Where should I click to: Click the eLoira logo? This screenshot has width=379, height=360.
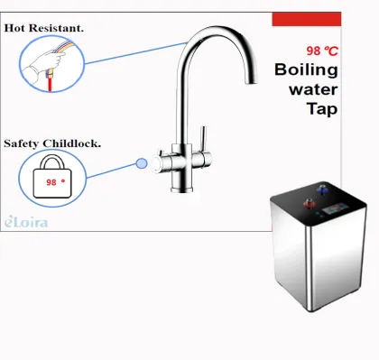point(23,219)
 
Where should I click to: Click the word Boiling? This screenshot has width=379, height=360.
point(306,69)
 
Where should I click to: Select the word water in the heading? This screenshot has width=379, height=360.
point(312,89)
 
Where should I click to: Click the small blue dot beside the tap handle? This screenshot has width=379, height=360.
point(141,163)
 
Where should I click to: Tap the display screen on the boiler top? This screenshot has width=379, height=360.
point(336,207)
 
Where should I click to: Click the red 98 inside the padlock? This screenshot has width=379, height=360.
point(53,180)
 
